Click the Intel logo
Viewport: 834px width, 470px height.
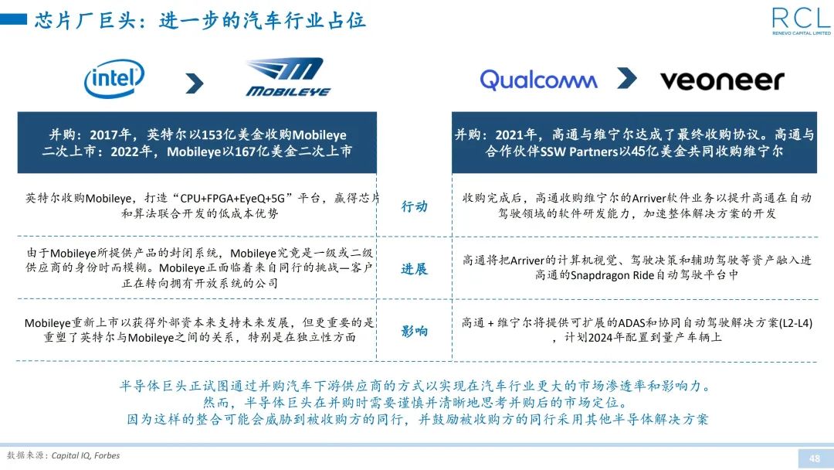point(114,79)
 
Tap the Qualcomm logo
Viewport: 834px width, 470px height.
point(538,80)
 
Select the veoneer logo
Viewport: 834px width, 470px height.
point(722,80)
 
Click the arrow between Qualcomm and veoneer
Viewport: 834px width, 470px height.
point(626,78)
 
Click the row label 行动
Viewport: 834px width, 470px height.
point(414,206)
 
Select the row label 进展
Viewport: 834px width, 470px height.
point(414,269)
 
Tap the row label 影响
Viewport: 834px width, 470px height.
point(414,332)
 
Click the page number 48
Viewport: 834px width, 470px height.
point(814,458)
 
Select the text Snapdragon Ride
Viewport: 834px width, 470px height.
point(612,275)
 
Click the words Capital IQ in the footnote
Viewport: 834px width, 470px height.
point(70,455)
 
